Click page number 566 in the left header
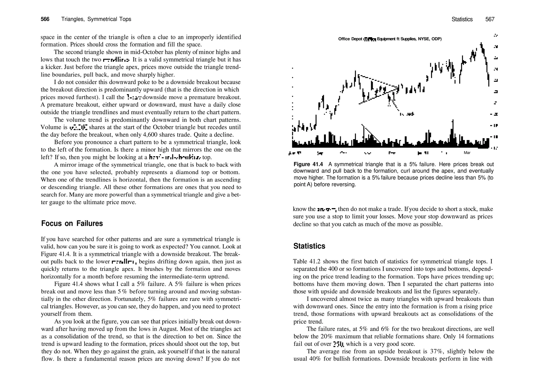[45, 19]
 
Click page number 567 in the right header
[490, 19]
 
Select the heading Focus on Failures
[72, 223]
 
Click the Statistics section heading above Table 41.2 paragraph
[309, 246]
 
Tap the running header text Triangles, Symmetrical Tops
[96, 19]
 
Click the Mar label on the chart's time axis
[467, 153]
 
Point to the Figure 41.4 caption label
[308, 164]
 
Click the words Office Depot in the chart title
[350, 39]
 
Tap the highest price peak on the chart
[481, 44]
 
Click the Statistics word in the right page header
[462, 19]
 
